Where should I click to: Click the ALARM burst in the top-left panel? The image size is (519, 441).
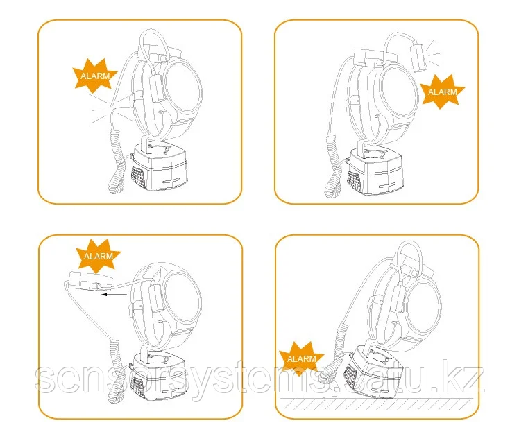[x=95, y=76]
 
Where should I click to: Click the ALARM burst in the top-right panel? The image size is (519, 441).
[x=442, y=92]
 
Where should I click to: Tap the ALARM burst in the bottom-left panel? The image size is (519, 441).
[x=99, y=256]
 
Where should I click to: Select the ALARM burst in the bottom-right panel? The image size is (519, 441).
[x=301, y=358]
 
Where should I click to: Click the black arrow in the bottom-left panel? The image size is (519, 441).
[x=114, y=294]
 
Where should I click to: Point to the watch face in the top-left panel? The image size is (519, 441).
[x=182, y=87]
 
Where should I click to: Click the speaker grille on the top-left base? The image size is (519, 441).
[x=138, y=177]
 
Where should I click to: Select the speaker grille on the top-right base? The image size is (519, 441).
[x=354, y=181]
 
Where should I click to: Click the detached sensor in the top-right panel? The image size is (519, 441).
[x=418, y=58]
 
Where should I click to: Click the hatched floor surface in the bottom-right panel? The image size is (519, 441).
[x=377, y=404]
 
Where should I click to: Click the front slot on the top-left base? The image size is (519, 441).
[x=172, y=181]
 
